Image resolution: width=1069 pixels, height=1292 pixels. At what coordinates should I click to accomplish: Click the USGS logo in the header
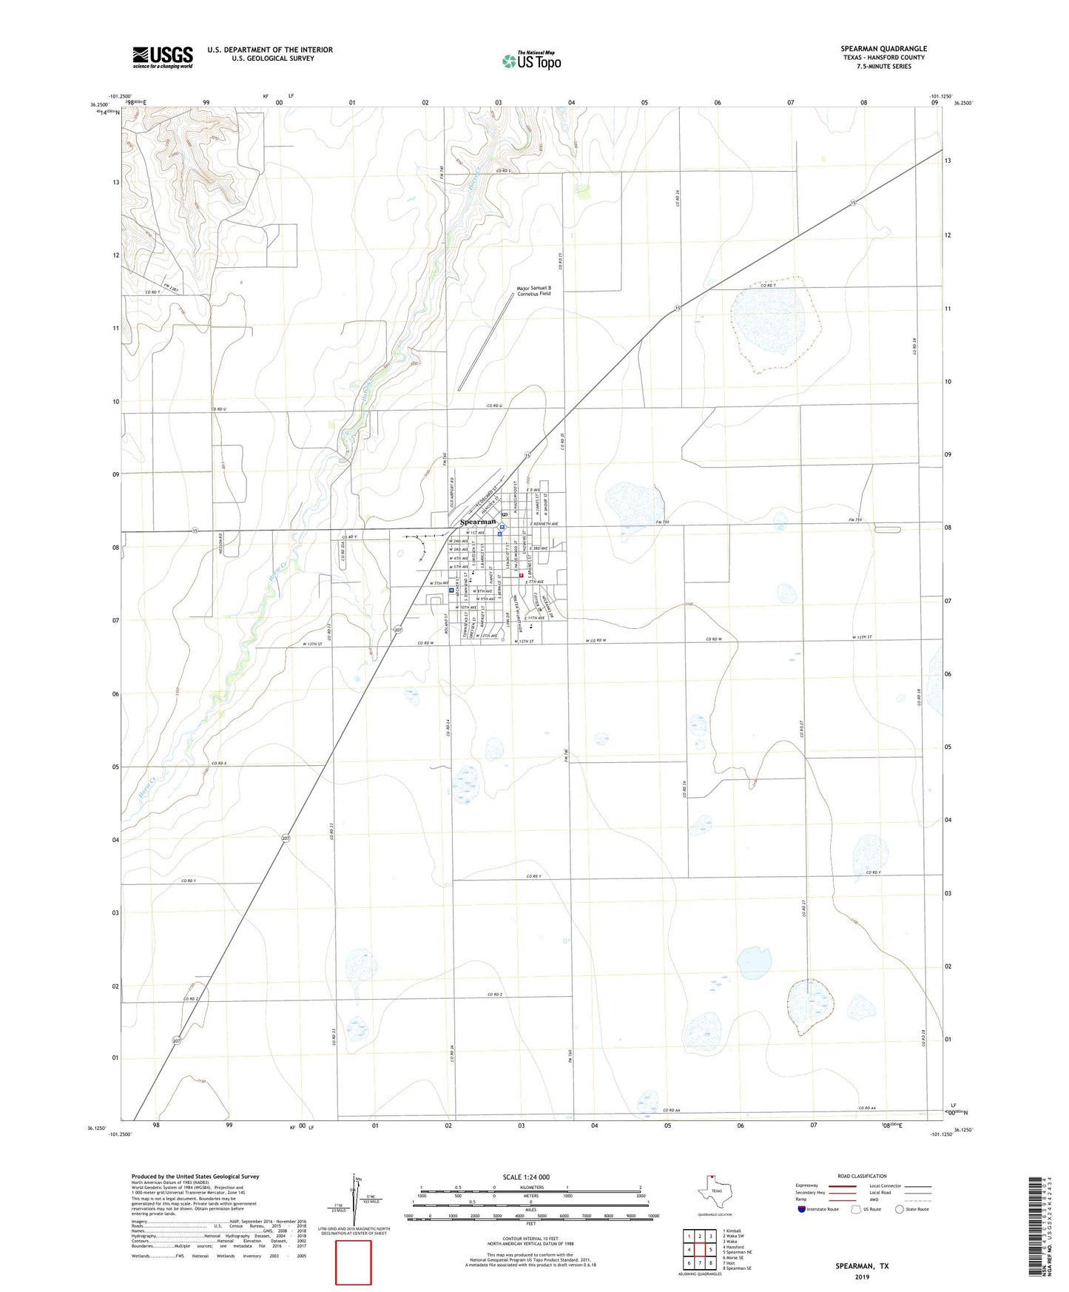pos(163,57)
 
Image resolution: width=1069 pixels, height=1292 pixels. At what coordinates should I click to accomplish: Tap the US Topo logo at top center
pos(531,61)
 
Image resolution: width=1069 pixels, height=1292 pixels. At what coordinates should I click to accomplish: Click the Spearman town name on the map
pos(477,522)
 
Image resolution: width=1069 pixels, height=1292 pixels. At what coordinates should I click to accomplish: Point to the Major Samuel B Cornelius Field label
pos(533,290)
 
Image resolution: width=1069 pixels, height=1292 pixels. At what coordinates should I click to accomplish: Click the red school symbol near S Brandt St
pos(521,574)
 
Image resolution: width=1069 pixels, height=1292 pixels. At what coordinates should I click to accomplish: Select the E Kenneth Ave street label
pos(543,524)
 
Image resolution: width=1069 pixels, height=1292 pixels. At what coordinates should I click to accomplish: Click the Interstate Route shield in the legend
pos(803,1208)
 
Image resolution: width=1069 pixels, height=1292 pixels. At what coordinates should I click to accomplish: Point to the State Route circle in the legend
pos(900,1208)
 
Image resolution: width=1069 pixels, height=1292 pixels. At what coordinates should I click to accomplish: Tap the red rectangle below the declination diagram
pos(354,1262)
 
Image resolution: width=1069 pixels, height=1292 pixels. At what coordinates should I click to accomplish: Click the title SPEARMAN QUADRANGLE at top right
pos(883,49)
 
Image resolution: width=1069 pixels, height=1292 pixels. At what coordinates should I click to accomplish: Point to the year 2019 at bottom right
pos(862,1276)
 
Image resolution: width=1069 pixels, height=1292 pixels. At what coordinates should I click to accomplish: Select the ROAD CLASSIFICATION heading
pos(862,1176)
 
